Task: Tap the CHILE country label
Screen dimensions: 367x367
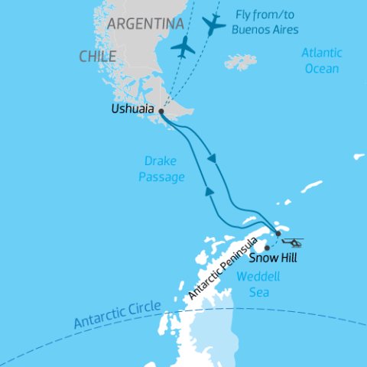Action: tap(97, 57)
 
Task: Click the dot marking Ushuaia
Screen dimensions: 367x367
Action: tap(161, 111)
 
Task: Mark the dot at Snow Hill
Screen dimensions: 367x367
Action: tap(267, 248)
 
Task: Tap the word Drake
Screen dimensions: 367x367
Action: tap(161, 162)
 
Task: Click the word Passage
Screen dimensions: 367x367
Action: tap(164, 177)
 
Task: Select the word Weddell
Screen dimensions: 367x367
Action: tap(255, 277)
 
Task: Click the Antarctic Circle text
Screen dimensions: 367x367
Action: tap(117, 314)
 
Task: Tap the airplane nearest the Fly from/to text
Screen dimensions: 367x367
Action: tap(215, 24)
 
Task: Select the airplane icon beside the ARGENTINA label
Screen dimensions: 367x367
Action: tap(183, 47)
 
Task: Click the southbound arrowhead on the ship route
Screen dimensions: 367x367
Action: tap(213, 159)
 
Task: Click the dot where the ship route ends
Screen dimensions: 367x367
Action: tap(278, 233)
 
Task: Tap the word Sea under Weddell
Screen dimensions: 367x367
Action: tap(255, 291)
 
